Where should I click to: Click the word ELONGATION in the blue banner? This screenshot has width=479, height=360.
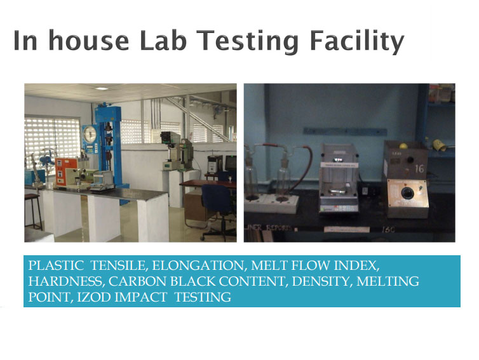pos(199,265)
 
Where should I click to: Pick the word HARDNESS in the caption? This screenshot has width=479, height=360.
pos(65,281)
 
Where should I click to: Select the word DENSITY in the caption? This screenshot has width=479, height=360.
pos(320,281)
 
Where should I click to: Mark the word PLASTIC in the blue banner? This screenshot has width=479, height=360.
pos(56,265)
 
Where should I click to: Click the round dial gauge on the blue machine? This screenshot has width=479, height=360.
pos(90,133)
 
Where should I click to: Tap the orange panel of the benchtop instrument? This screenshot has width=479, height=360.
pos(66,172)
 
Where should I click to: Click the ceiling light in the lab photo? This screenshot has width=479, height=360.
pos(102,88)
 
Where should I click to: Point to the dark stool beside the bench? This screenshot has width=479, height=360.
pos(33,211)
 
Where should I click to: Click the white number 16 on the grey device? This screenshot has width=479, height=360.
pos(419,168)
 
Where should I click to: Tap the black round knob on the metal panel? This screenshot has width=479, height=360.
pos(407,192)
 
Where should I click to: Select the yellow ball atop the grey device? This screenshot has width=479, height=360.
pos(404,146)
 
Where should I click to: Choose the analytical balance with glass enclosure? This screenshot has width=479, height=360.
pos(339,178)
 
